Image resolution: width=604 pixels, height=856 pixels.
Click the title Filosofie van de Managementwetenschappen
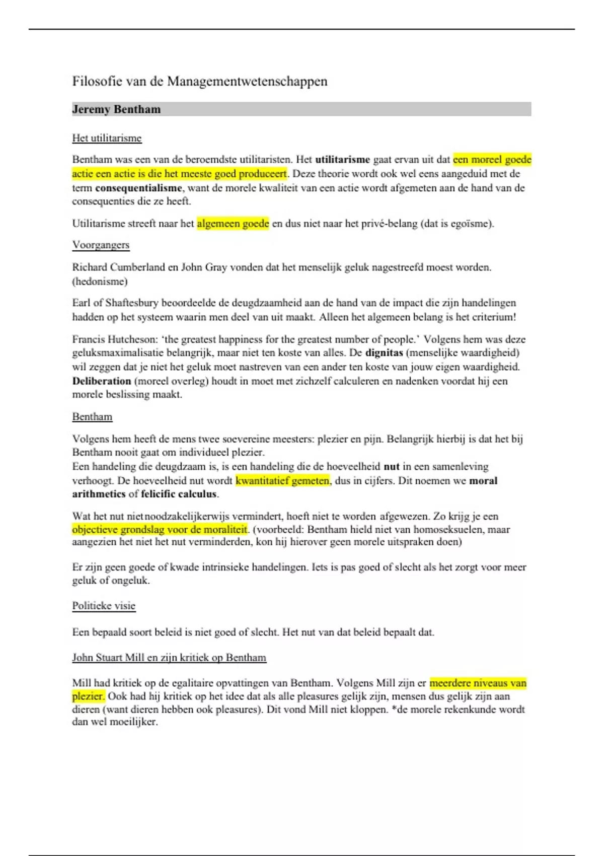coord(199,81)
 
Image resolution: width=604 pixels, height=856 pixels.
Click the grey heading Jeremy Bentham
coord(116,109)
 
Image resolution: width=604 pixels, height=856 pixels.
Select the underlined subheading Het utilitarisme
coord(107,138)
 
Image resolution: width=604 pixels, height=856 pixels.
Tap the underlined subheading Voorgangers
coord(101,245)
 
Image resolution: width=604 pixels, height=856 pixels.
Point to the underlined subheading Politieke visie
coord(104,605)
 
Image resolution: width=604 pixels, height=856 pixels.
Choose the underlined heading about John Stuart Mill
coord(169,657)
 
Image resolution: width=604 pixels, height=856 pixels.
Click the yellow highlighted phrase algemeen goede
coord(233,223)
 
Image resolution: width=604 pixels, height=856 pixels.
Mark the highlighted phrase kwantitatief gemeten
coord(282,480)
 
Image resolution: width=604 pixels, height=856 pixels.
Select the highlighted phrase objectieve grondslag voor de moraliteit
coord(160,529)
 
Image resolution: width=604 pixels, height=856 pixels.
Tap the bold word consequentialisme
coord(138,188)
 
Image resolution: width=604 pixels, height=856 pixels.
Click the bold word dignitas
coord(384,352)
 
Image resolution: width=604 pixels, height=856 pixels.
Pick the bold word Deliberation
coord(102,381)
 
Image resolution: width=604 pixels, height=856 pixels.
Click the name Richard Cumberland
coord(118,267)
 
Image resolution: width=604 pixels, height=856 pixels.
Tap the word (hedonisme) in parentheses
coord(100,281)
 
